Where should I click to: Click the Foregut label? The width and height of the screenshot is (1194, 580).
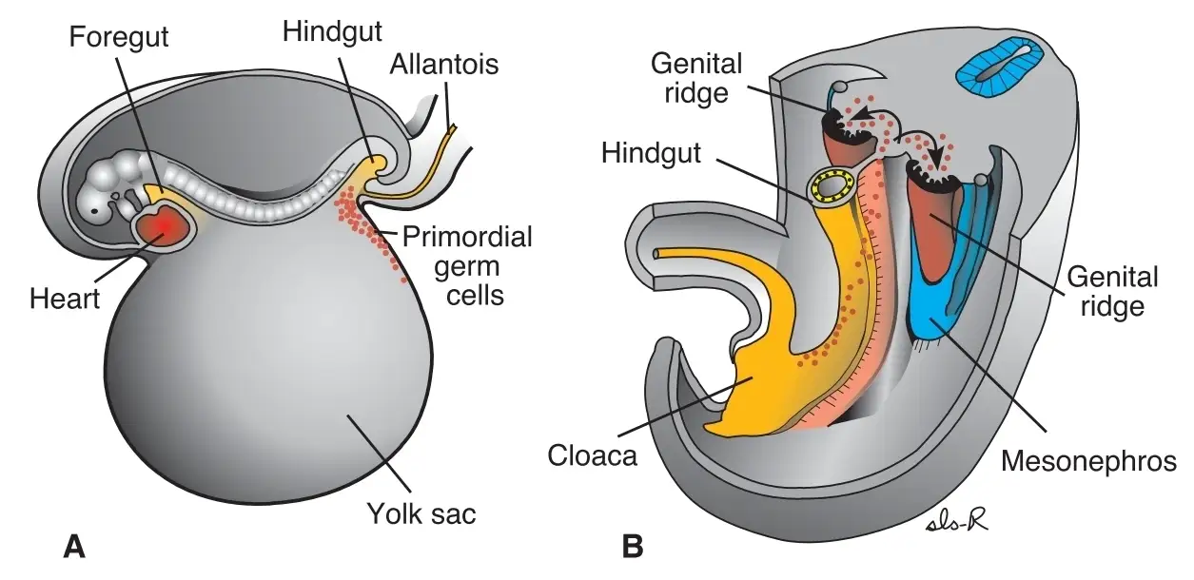pos(119,37)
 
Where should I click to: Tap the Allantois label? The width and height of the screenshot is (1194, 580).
pos(444,65)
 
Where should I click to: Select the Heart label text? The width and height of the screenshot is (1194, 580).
pos(65,299)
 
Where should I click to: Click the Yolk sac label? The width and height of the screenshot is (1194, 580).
pos(421,514)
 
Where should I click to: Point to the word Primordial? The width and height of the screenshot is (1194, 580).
pos(467,237)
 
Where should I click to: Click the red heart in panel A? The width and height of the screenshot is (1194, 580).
pos(165,227)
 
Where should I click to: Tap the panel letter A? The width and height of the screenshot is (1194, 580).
pos(74,547)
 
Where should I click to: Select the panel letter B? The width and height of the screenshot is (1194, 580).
pos(633,547)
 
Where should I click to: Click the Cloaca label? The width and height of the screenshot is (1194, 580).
pos(592,455)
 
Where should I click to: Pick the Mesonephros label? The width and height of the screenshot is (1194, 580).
pos(1088,461)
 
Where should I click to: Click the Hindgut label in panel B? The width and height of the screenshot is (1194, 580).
pos(651,153)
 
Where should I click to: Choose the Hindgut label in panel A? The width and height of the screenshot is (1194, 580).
pos(332,31)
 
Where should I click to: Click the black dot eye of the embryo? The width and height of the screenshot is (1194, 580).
pos(94,211)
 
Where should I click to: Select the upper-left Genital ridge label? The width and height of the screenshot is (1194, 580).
pos(696,78)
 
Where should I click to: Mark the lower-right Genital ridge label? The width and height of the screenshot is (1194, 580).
pos(1112,292)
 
